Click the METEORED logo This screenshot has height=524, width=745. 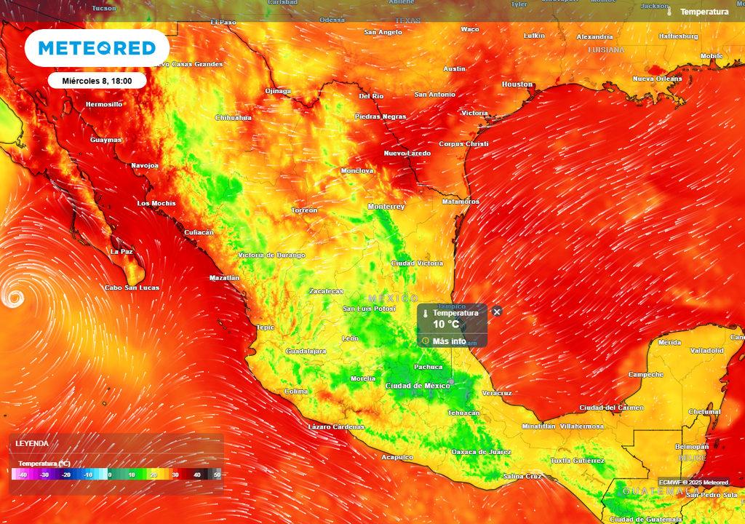coord(97,48)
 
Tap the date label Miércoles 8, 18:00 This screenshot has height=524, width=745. coord(97,81)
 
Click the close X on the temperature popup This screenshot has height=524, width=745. coord(497,311)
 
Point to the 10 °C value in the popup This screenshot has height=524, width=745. coord(446,325)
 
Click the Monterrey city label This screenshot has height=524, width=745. coord(386,207)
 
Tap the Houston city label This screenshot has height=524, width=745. coord(517,84)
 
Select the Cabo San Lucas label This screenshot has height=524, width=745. coord(132,287)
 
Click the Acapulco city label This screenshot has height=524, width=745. coord(397,457)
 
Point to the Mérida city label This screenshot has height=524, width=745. coord(669,342)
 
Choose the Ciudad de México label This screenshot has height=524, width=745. coord(417,385)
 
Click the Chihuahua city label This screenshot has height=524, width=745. coord(233,117)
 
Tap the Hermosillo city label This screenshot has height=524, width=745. coord(104,104)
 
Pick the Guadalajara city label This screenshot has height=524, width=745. coord(306,351)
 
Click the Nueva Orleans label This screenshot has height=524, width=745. coord(657,79)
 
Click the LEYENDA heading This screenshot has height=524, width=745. coord(32,443)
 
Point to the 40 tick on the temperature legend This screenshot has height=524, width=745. coord(196,475)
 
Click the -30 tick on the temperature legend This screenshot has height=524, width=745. coord(44,475)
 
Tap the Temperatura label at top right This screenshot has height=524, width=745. coord(704,12)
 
